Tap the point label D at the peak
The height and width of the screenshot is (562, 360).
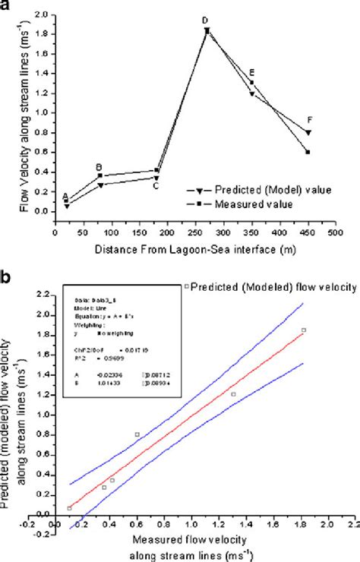click(x=204, y=21)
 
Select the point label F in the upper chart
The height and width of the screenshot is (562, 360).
click(x=309, y=121)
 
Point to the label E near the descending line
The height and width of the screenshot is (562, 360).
click(x=252, y=73)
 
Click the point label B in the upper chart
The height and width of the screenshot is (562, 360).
click(x=98, y=167)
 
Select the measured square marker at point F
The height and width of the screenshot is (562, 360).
click(x=308, y=152)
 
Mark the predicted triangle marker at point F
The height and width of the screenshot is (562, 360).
click(x=308, y=133)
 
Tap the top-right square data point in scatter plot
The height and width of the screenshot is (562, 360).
click(x=304, y=330)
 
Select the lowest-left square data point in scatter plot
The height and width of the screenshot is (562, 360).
click(x=69, y=508)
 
